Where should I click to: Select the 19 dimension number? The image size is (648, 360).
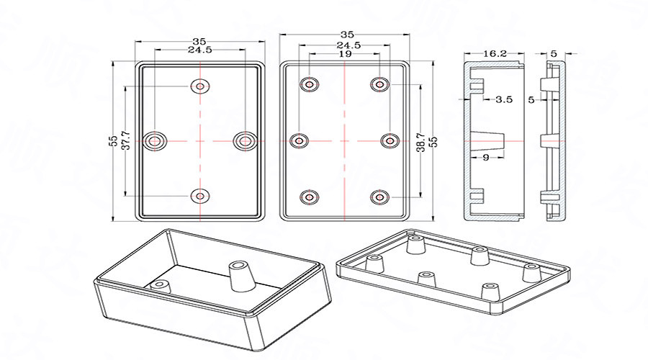click(x=345, y=54)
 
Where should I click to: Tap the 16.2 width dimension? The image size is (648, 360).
click(x=495, y=53)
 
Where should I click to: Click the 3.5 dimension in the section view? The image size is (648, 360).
click(x=503, y=100)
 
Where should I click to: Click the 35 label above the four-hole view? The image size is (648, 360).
click(x=199, y=41)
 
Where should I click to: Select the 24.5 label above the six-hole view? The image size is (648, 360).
click(x=348, y=45)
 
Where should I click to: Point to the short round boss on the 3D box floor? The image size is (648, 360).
click(x=160, y=285)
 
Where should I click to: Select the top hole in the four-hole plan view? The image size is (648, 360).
click(x=199, y=86)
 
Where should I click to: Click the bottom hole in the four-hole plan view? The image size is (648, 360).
click(x=199, y=194)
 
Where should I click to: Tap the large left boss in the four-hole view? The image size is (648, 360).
click(x=154, y=140)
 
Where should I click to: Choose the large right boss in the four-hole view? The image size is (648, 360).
click(x=244, y=140)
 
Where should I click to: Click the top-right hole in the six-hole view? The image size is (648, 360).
click(x=379, y=85)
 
